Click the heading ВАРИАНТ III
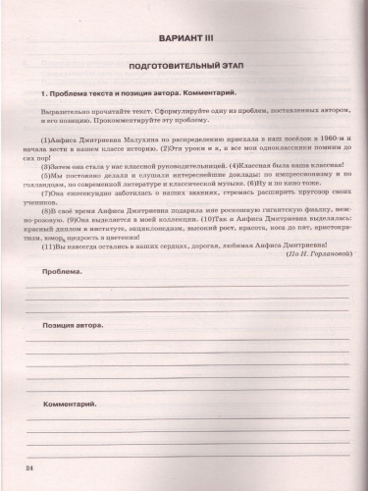tap(184, 42)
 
